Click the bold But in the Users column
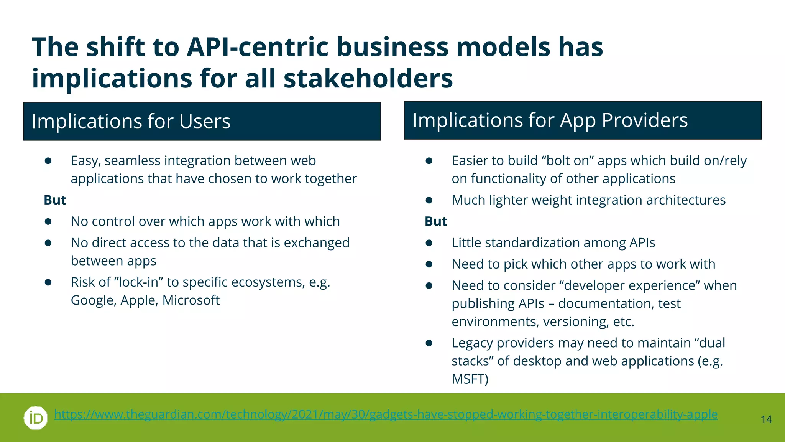tap(55, 200)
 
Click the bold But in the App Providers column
tap(436, 222)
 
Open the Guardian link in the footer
tap(386, 414)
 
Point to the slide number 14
tap(766, 420)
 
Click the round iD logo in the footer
tap(36, 417)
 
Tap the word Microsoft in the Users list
tap(191, 300)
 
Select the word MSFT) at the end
tap(470, 379)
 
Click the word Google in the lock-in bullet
tap(94, 300)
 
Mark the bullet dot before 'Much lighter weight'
tap(429, 200)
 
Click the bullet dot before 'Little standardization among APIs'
tap(429, 243)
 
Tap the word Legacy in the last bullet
tap(472, 343)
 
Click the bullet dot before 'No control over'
tap(48, 222)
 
